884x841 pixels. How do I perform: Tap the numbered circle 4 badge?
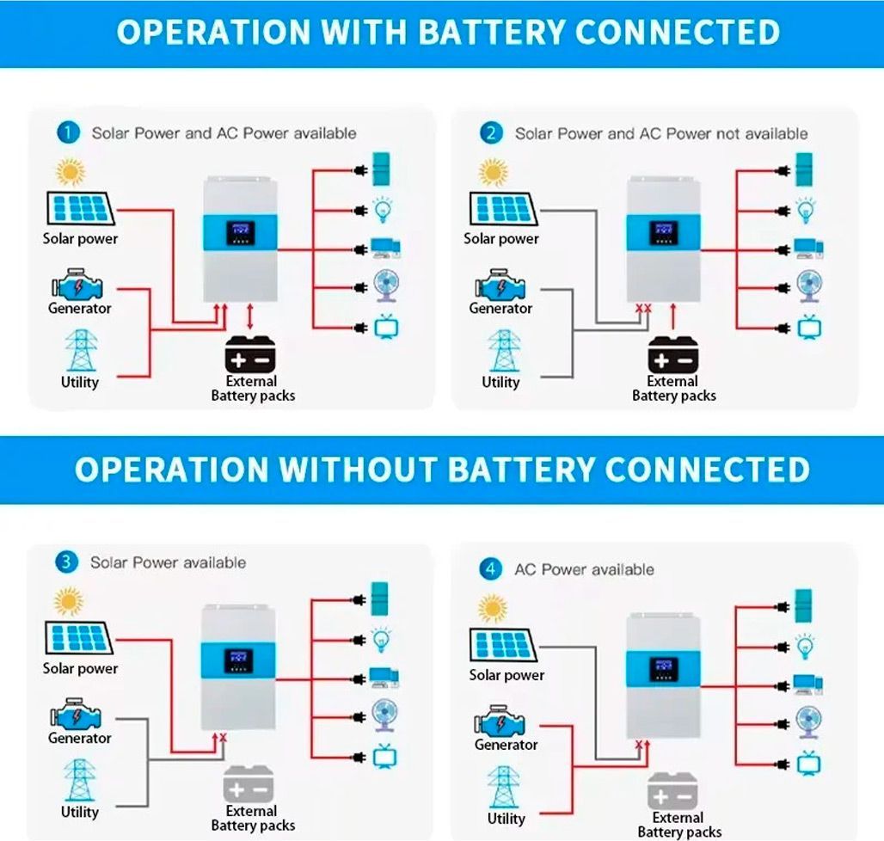(491, 568)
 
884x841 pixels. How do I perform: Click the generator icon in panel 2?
(500, 285)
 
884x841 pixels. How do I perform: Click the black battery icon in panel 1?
(251, 353)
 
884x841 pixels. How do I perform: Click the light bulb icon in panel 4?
(806, 645)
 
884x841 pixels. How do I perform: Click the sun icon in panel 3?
(70, 601)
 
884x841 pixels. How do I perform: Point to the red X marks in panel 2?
(642, 308)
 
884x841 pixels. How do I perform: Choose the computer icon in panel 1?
(384, 249)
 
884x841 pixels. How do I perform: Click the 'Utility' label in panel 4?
(506, 819)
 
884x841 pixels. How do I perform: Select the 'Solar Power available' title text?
(168, 562)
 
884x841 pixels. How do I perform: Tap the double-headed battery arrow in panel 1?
(250, 316)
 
